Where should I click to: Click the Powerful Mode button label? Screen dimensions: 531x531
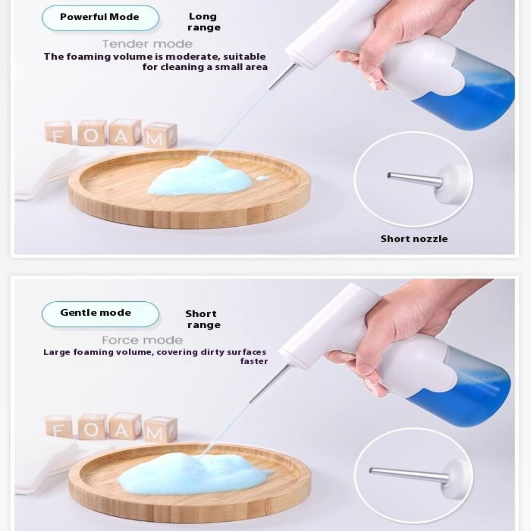[x=100, y=17]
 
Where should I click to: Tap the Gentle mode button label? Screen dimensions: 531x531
[x=96, y=313]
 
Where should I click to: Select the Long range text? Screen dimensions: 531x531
[x=203, y=22]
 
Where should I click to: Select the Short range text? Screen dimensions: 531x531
[x=202, y=319]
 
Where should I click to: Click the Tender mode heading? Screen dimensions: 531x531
[x=147, y=44]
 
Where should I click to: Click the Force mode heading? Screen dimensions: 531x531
[x=142, y=340]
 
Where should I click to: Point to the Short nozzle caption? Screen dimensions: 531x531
[x=414, y=239]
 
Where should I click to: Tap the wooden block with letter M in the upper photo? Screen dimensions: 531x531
[x=161, y=136]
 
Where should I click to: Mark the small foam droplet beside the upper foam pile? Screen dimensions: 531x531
[x=263, y=178]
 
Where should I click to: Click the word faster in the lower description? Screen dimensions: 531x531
[x=254, y=361]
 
